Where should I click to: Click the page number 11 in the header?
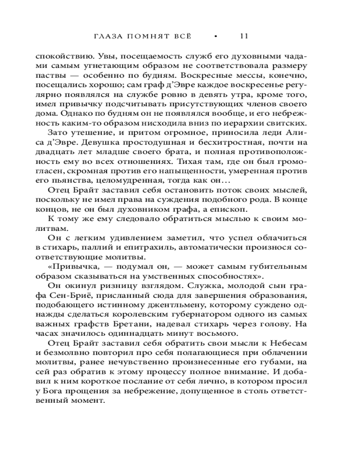(244, 36)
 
